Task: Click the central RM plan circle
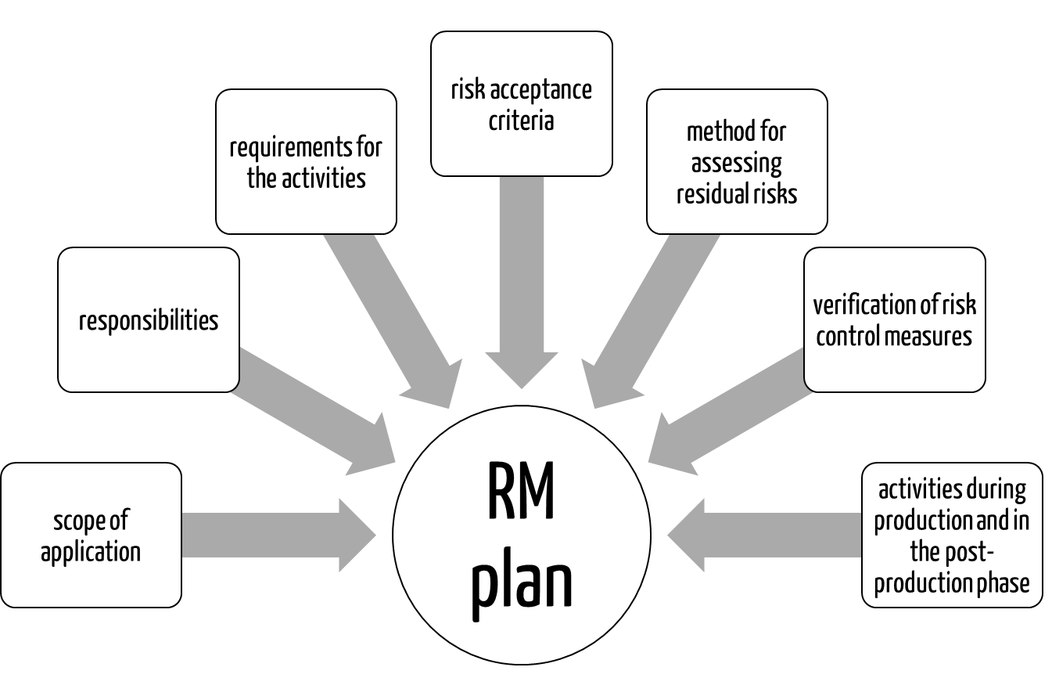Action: (522, 540)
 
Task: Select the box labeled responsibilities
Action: (149, 319)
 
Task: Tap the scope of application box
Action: (91, 535)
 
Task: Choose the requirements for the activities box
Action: (306, 161)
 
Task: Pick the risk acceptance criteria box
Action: (521, 103)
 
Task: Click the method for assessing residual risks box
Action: (737, 161)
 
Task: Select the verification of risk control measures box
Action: (894, 319)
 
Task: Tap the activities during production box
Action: (952, 535)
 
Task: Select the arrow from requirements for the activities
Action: (391, 321)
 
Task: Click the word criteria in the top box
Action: (521, 121)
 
